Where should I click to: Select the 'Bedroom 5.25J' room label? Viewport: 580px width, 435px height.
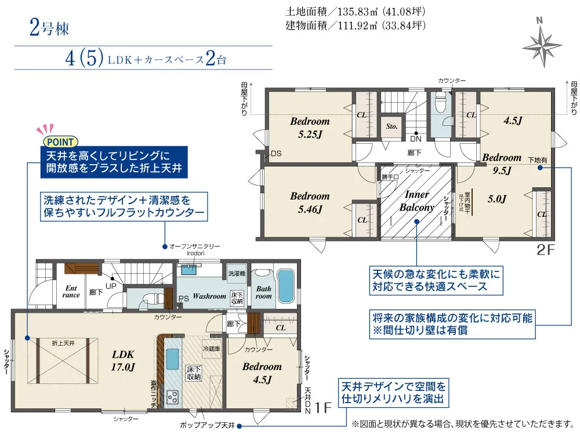[x=310, y=128]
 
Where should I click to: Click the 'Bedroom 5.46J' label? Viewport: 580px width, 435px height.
[x=310, y=202]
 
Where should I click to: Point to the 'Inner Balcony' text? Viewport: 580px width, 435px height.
[x=416, y=201]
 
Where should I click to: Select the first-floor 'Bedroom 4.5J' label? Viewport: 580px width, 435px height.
[x=262, y=373]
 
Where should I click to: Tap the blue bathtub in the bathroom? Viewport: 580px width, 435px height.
[x=286, y=285]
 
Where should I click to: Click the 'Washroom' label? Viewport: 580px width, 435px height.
[x=209, y=296]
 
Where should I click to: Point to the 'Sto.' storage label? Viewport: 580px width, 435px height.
[x=391, y=125]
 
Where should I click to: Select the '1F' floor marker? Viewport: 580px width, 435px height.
[x=322, y=408]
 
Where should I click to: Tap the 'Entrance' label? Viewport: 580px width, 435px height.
[x=71, y=291]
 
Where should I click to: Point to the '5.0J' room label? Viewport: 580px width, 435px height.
[x=497, y=200]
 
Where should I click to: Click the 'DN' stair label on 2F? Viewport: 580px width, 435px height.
[x=416, y=139]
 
